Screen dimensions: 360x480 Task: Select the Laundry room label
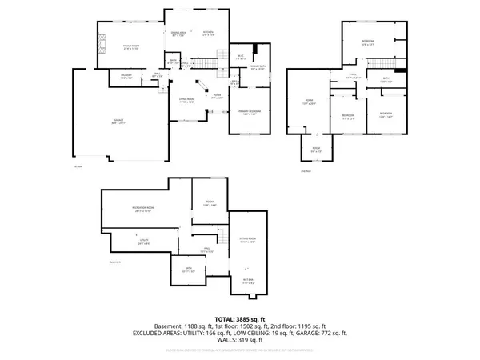126,76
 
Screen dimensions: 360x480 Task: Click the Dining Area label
178,34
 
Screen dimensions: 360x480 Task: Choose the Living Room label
186,101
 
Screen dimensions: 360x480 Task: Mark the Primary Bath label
258,67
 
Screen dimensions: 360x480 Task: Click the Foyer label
216,97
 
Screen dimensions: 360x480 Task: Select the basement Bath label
189,270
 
